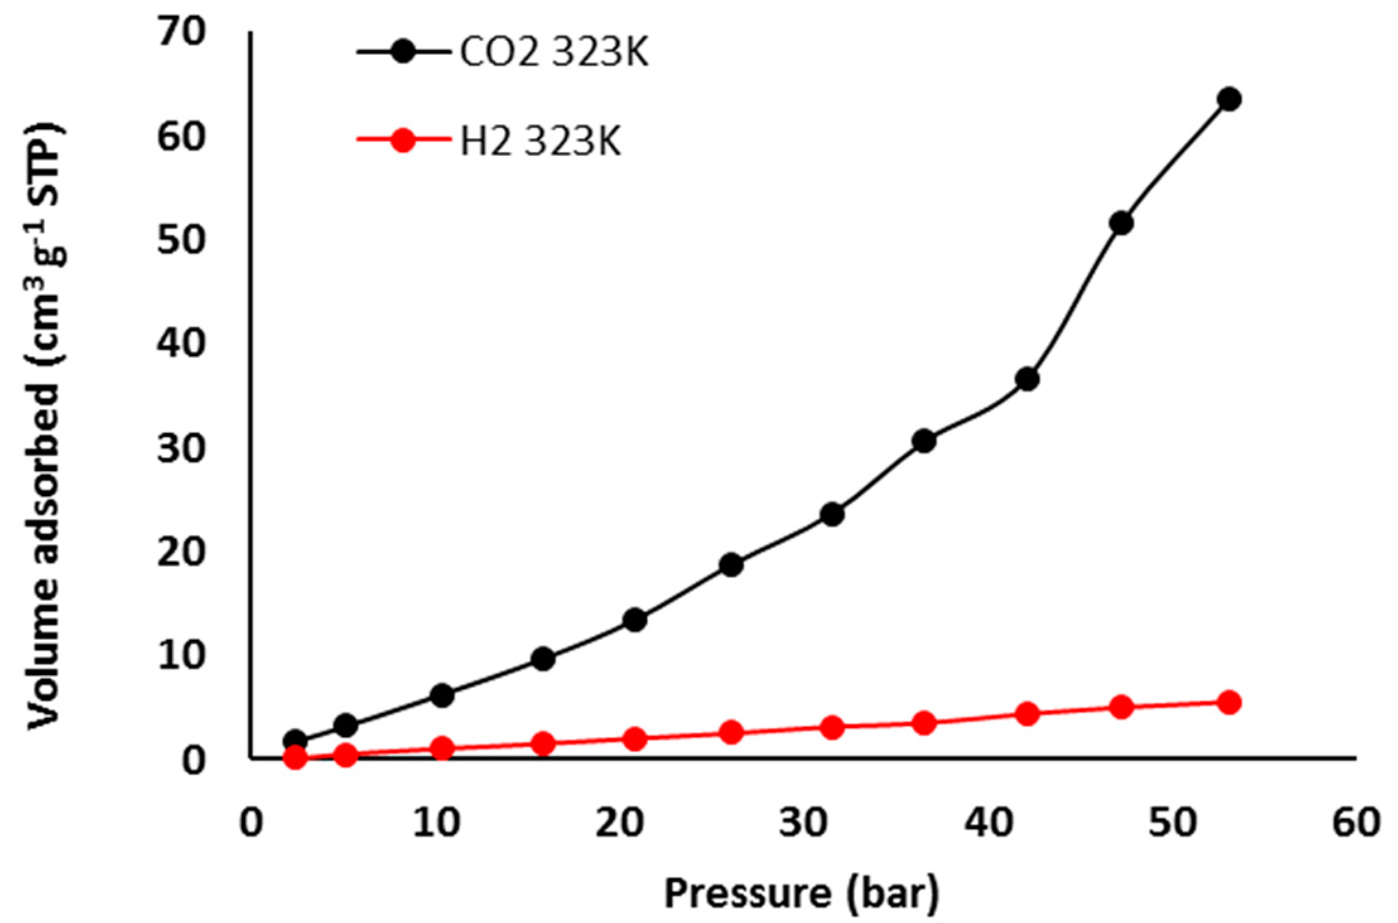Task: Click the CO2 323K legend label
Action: (553, 52)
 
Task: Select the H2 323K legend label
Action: (540, 141)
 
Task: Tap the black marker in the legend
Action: (403, 51)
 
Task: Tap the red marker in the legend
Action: (403, 140)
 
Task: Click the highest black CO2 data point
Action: (1230, 100)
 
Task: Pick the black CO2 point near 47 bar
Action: (1121, 223)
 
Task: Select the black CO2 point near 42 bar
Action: (1028, 380)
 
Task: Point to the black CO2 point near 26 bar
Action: (731, 565)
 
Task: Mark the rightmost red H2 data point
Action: (1229, 702)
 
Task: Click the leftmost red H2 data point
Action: (295, 757)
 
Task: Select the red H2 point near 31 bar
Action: (833, 728)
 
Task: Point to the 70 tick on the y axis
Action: (181, 32)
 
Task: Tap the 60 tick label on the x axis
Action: (1356, 823)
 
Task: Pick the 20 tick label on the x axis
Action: (620, 823)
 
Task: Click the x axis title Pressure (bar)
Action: (801, 894)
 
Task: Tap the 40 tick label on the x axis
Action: (988, 823)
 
